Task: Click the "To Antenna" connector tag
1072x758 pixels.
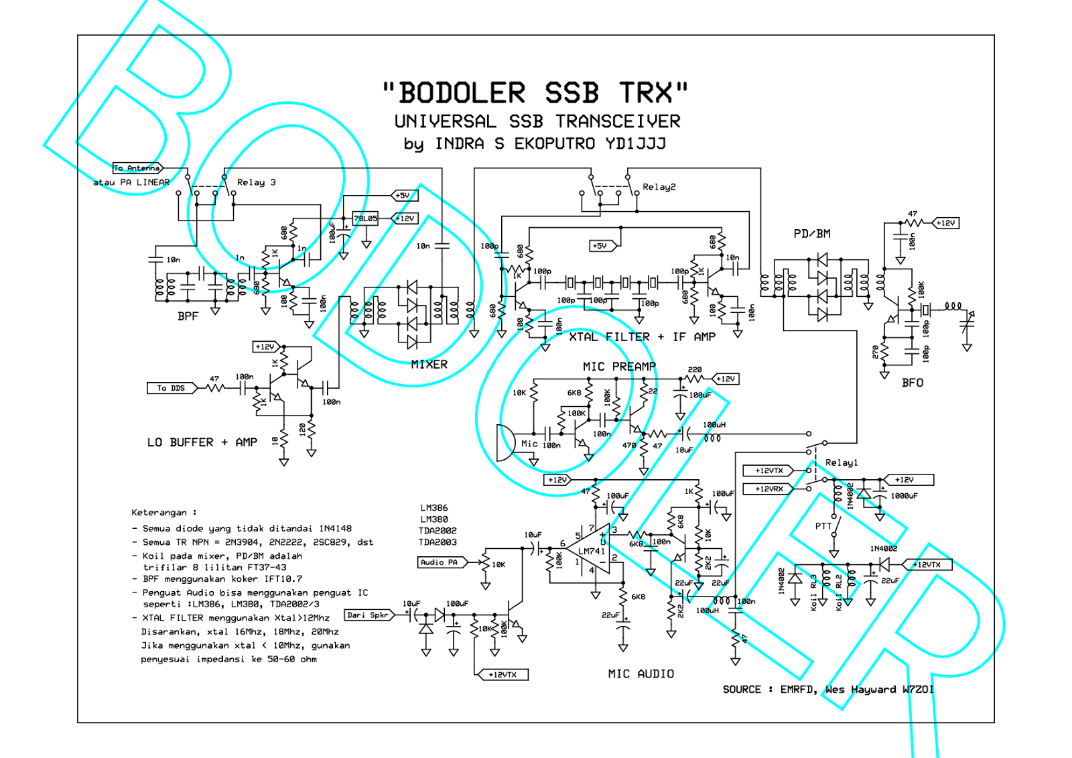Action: point(137,168)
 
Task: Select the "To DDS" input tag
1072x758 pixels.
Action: point(171,388)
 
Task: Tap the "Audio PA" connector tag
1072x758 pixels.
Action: point(439,562)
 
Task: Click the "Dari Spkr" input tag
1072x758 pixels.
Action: point(368,615)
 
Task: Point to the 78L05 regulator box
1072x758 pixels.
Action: point(365,218)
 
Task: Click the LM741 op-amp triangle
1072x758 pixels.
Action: point(590,550)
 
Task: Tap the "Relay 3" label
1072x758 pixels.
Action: point(256,182)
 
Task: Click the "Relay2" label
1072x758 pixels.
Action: point(659,187)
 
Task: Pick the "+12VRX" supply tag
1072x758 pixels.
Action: point(768,489)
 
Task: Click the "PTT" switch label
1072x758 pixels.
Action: point(823,526)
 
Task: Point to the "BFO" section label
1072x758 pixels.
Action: point(912,383)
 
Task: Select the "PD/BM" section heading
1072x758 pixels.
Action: point(811,234)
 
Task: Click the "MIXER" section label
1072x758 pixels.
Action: point(429,365)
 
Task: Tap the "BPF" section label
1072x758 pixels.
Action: point(188,316)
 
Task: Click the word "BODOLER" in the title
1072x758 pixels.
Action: point(462,93)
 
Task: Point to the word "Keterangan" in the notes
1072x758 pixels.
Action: point(159,513)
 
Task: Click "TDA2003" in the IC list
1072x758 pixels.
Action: point(438,542)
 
